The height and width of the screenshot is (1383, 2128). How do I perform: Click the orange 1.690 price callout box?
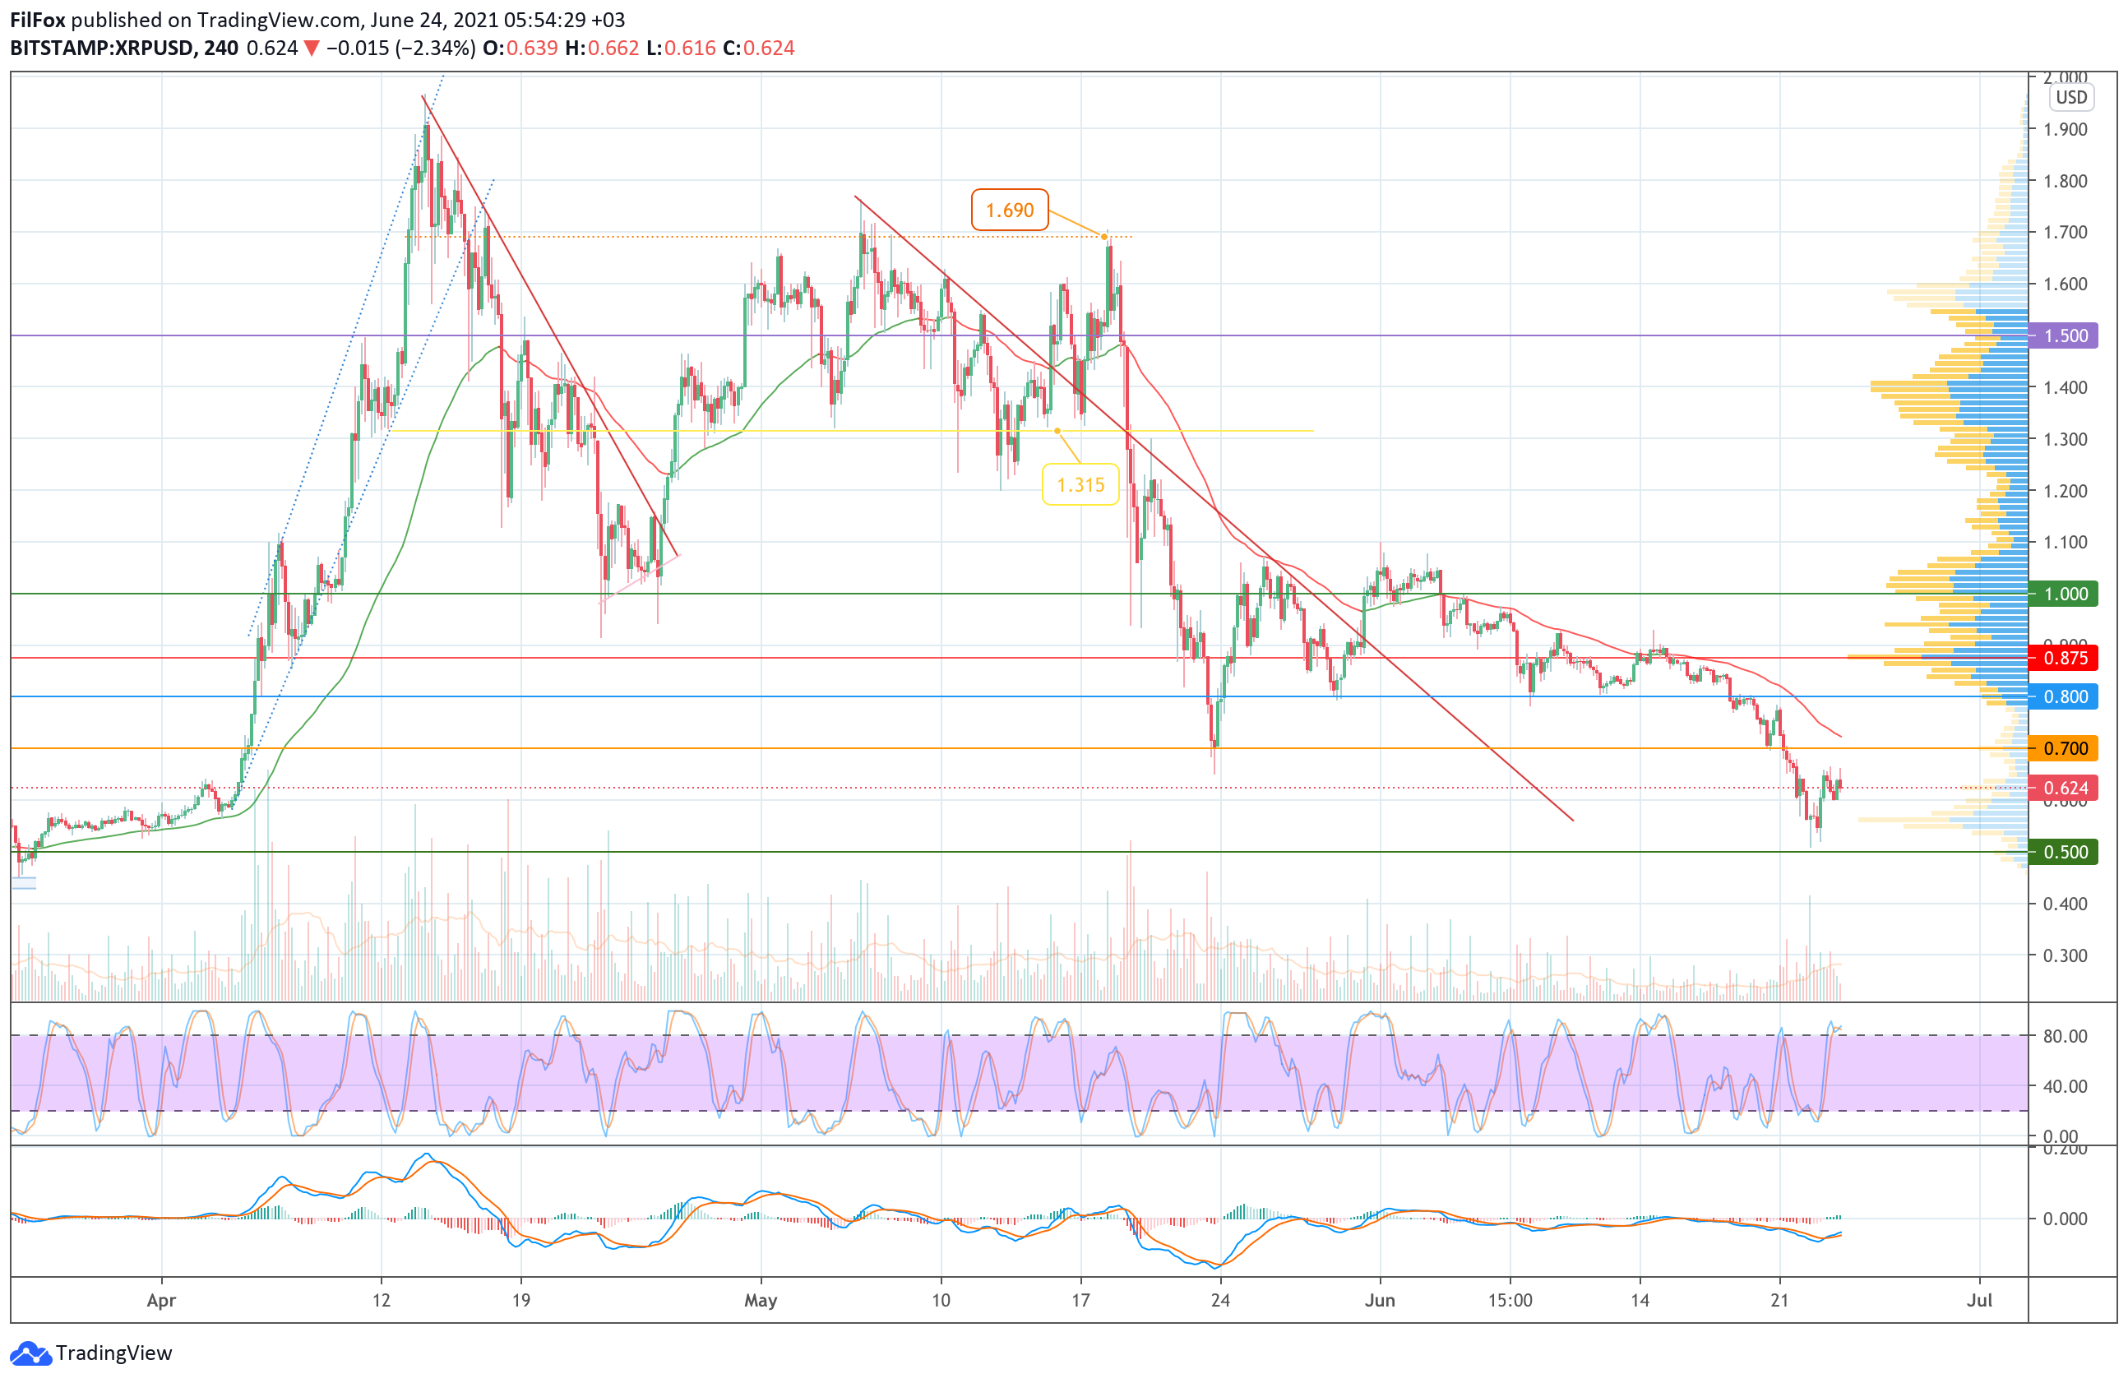pos(1009,210)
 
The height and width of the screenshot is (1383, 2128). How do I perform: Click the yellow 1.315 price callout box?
pos(1080,484)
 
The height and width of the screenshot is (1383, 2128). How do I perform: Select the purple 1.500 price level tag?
pos(2065,336)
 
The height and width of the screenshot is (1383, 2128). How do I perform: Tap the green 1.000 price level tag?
pos(2065,594)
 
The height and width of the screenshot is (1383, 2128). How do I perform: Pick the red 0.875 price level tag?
pos(2065,658)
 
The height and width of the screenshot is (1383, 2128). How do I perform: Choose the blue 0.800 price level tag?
pos(2065,696)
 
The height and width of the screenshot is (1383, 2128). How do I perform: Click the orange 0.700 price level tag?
pos(2065,748)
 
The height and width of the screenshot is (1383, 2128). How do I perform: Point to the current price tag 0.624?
pos(2065,788)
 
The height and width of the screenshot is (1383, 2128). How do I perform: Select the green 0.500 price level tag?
pos(2065,852)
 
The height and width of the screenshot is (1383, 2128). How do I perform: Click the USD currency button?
pos(2070,98)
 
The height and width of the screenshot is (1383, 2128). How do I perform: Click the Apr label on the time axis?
pos(161,1300)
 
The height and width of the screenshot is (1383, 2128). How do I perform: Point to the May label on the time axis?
pos(760,1300)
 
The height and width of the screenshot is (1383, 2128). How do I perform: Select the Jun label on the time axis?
pos(1380,1300)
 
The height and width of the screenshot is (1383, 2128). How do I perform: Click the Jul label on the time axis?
pos(1979,1300)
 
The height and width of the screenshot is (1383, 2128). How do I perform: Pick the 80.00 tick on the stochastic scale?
pos(2066,1036)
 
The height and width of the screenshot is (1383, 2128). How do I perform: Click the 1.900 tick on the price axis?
pos(2066,130)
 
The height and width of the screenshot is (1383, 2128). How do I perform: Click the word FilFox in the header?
pos(38,20)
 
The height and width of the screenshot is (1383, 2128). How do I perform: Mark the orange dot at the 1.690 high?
pos(1105,237)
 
